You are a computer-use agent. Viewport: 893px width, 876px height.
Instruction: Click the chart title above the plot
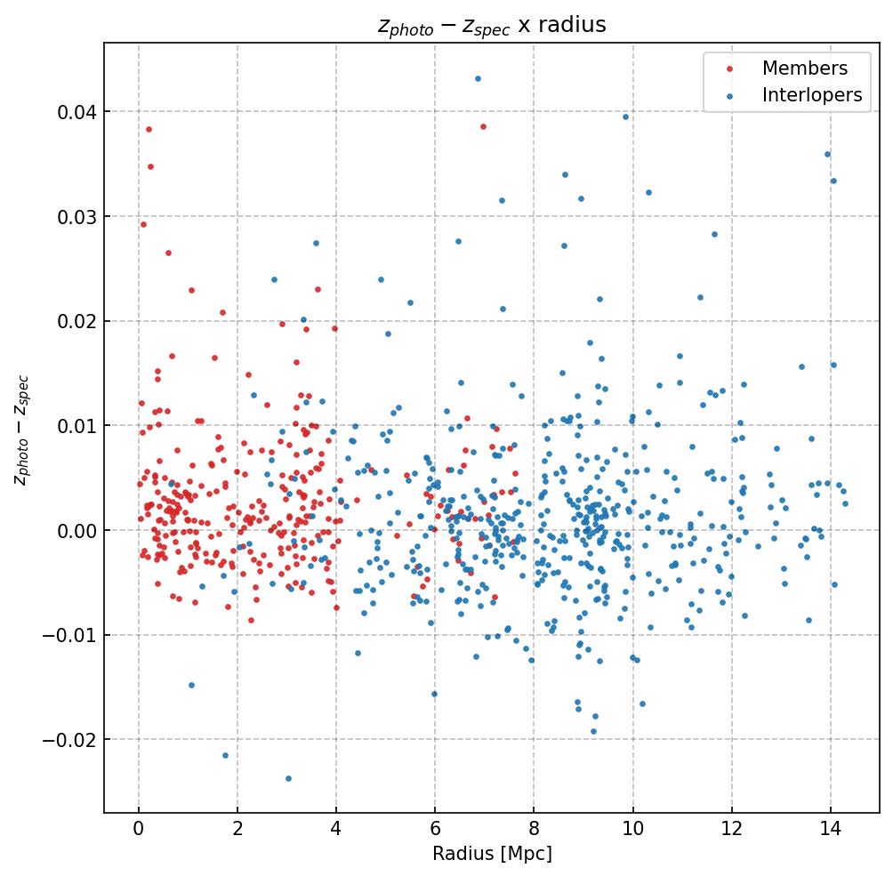coord(492,25)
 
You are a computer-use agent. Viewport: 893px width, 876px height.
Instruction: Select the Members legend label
coord(804,68)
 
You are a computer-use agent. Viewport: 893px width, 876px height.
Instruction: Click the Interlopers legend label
coord(811,95)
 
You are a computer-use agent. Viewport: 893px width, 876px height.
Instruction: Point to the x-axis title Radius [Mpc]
coord(492,854)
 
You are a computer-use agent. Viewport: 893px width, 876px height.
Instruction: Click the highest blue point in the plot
coord(478,78)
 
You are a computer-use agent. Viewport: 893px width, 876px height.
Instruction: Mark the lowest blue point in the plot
coord(288,778)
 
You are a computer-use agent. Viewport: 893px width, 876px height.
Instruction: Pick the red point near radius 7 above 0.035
coord(483,126)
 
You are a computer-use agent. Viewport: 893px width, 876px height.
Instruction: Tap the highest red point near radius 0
coord(149,129)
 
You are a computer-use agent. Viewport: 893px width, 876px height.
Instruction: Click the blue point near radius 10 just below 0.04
coord(625,117)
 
